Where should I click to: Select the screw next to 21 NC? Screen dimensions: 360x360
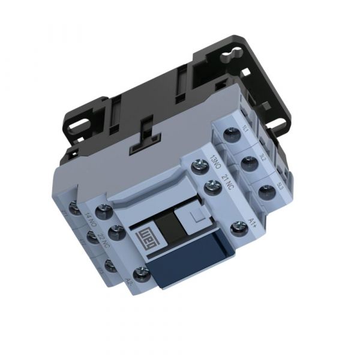point(209,187)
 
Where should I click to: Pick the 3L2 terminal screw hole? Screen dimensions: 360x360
point(246,162)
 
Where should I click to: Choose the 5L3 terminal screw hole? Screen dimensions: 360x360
point(265,191)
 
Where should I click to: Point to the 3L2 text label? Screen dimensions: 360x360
point(263,158)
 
